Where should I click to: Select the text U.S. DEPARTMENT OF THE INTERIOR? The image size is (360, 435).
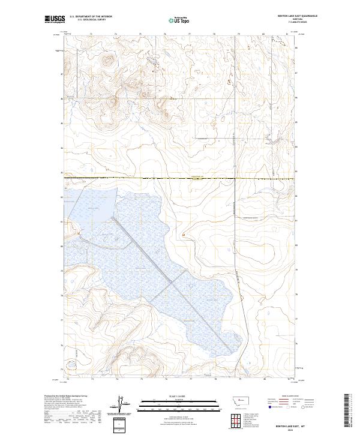point(91,17)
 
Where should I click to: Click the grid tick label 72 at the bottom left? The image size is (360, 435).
point(68,379)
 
